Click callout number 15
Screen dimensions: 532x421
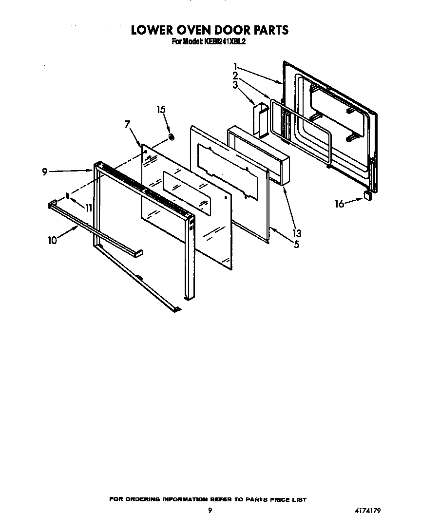click(161, 110)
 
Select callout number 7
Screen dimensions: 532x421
click(128, 124)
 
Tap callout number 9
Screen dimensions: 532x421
click(44, 171)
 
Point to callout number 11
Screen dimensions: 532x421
click(88, 208)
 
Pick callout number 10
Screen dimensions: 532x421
click(52, 240)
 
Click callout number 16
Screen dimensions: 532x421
click(339, 204)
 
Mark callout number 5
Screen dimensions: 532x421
click(296, 244)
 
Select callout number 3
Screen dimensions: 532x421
click(235, 85)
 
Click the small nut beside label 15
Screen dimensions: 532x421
click(172, 137)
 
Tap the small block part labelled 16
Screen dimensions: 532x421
click(367, 195)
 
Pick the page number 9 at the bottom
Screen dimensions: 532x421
click(210, 511)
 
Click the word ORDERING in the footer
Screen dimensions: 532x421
click(141, 500)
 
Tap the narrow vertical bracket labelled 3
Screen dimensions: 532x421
click(259, 119)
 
